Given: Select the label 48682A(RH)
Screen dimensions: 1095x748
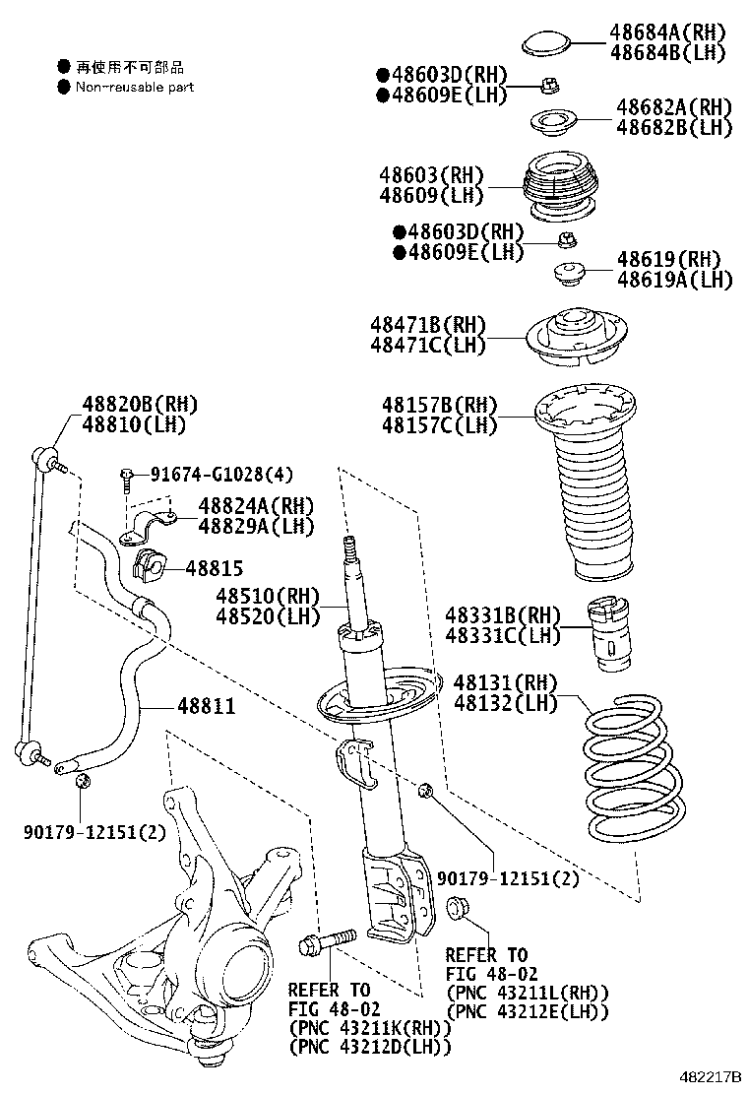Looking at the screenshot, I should [x=674, y=107].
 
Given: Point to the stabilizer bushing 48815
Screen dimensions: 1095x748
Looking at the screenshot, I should [x=148, y=565].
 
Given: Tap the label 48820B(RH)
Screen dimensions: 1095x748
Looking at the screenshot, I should [x=140, y=404].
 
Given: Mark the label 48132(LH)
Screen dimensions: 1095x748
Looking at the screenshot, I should [x=505, y=703].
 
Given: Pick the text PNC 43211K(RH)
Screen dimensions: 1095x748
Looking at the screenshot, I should [x=370, y=1027].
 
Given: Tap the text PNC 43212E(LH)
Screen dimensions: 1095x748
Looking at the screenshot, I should [x=528, y=1011].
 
